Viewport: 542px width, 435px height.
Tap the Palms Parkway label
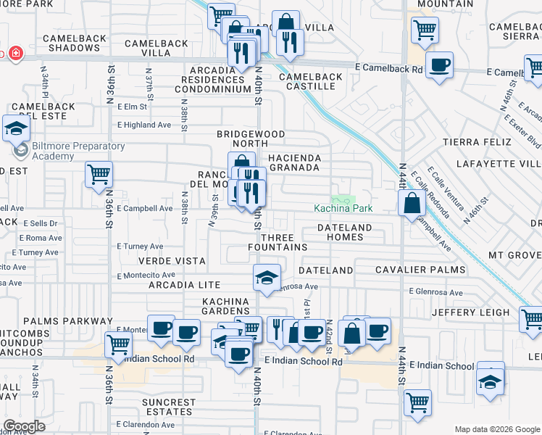click(x=68, y=321)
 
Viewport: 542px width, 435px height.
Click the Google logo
click(x=25, y=426)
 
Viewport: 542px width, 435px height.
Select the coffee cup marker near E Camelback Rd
click(x=439, y=65)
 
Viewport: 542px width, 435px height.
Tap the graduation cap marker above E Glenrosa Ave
click(x=267, y=276)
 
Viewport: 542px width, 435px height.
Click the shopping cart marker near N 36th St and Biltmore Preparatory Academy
click(x=99, y=174)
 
